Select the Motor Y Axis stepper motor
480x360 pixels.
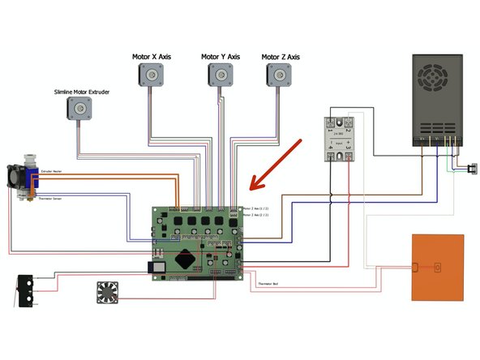(219, 75)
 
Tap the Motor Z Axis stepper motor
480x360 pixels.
(279, 75)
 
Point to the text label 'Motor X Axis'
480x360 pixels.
(151, 57)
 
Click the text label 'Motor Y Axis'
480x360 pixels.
(221, 57)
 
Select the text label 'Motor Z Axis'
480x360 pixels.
(281, 57)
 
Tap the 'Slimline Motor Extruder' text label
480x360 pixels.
(81, 92)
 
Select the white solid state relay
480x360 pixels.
(341, 139)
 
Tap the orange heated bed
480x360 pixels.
(438, 267)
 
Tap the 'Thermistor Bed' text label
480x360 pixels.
(268, 285)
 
